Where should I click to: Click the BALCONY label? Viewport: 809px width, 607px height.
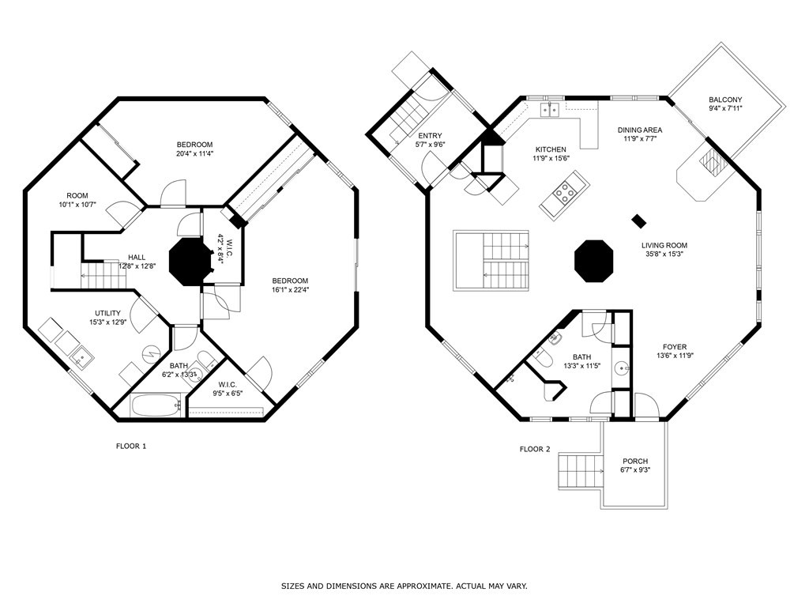725,100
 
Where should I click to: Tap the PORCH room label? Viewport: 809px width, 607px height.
635,461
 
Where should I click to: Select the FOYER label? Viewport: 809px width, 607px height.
675,347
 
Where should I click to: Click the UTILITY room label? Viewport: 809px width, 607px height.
107,313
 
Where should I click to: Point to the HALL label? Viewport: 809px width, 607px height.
137,257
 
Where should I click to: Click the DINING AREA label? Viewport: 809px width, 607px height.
640,130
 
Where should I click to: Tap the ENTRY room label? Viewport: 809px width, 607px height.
431,136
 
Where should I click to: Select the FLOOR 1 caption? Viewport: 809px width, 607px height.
131,446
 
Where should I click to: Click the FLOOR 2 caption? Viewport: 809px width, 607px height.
535,449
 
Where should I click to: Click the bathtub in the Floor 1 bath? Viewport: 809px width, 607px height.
156,405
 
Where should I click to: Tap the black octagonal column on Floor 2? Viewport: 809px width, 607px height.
594,261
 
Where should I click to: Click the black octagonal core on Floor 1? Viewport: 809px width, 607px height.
190,261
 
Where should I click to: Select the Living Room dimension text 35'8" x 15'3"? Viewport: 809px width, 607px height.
664,254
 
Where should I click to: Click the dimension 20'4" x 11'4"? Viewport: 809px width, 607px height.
194,153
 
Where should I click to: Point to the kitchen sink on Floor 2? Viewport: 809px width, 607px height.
550,110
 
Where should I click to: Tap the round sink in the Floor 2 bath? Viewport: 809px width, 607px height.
622,368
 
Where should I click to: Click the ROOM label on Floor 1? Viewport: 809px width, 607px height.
77,196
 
